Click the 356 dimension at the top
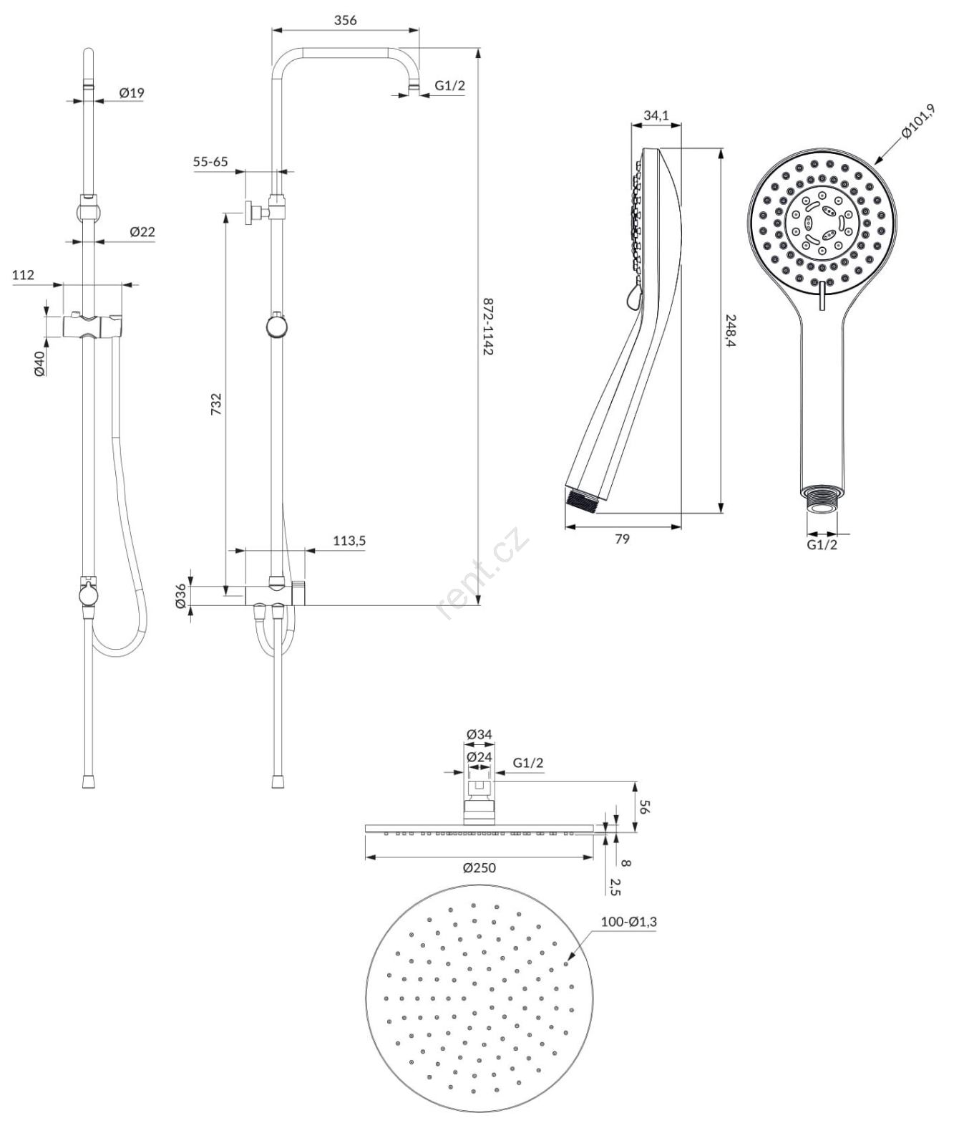[x=346, y=20]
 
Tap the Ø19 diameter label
[x=132, y=92]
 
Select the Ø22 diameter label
[x=142, y=231]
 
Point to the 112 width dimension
[x=24, y=274]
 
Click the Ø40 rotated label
[x=39, y=362]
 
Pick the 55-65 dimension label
[x=210, y=161]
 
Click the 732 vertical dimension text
[x=215, y=403]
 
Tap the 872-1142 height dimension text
[x=488, y=327]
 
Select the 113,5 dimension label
[x=349, y=541]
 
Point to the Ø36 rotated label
[x=181, y=596]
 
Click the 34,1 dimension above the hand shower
[x=656, y=115]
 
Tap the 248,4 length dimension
[x=731, y=331]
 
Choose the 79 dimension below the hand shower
[x=623, y=538]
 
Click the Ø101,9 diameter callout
[x=918, y=122]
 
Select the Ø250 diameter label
[x=479, y=867]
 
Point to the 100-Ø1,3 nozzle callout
[x=628, y=922]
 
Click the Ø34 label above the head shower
[x=479, y=734]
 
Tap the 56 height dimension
[x=643, y=807]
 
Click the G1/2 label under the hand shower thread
[x=822, y=545]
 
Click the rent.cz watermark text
[x=482, y=574]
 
